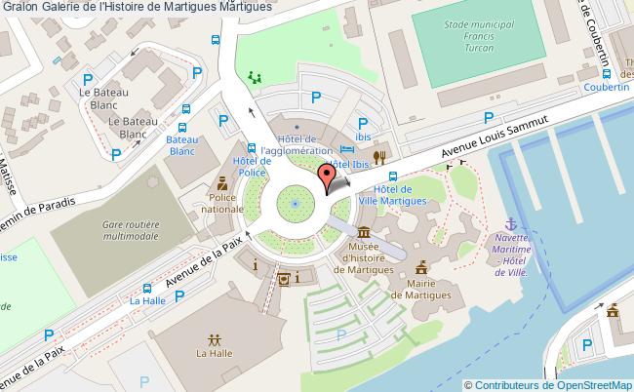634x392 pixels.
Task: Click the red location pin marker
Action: point(328,177)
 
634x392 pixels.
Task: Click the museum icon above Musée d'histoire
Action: point(363,232)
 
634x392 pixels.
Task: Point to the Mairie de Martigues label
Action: point(421,288)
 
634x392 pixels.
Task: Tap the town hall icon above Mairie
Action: point(421,265)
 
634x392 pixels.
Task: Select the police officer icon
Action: point(221,182)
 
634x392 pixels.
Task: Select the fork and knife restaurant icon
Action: point(381,155)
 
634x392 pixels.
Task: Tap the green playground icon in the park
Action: point(256,76)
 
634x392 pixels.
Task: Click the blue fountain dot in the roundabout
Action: point(294,203)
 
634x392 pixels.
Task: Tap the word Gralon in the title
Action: point(20,8)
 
